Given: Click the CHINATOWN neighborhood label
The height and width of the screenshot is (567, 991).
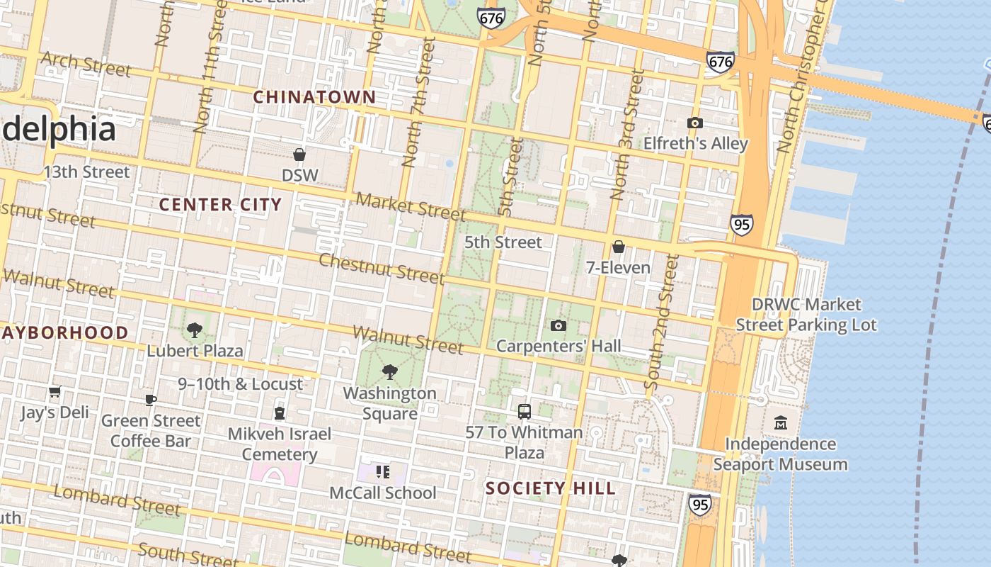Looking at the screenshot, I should (x=314, y=97).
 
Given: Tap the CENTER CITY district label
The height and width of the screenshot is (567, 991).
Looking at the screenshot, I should (x=220, y=205).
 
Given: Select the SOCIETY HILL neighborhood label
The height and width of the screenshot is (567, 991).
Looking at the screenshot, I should (x=550, y=488).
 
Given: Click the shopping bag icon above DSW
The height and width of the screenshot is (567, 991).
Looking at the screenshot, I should (x=299, y=155).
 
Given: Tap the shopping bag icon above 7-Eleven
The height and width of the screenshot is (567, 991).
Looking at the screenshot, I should (x=618, y=247).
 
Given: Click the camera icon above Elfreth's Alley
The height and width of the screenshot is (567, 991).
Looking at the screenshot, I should (x=695, y=123).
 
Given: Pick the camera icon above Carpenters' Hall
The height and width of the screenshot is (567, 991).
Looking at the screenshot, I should (x=558, y=326).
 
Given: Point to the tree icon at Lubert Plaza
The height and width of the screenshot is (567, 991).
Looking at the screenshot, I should (x=195, y=330).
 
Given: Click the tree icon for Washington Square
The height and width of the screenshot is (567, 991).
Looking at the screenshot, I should (x=389, y=372).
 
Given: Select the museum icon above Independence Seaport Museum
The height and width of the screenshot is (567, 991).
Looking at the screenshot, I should (x=781, y=422).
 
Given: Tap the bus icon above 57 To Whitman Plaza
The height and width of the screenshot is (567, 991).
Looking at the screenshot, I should (x=524, y=411).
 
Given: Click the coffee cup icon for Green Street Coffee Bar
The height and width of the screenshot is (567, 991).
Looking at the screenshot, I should (x=151, y=400).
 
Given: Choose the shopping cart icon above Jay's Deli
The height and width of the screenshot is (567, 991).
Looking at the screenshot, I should (x=55, y=392).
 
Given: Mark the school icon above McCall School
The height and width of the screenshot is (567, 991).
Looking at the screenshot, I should (x=383, y=471).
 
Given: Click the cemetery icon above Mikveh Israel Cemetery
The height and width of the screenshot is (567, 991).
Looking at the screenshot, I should (x=280, y=413).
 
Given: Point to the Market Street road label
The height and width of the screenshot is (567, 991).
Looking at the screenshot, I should (x=411, y=206).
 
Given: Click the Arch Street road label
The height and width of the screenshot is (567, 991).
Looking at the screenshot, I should (x=86, y=64).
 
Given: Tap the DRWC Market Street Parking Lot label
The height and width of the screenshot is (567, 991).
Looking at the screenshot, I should (x=806, y=315).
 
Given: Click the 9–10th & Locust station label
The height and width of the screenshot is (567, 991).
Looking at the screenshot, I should (x=240, y=383).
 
